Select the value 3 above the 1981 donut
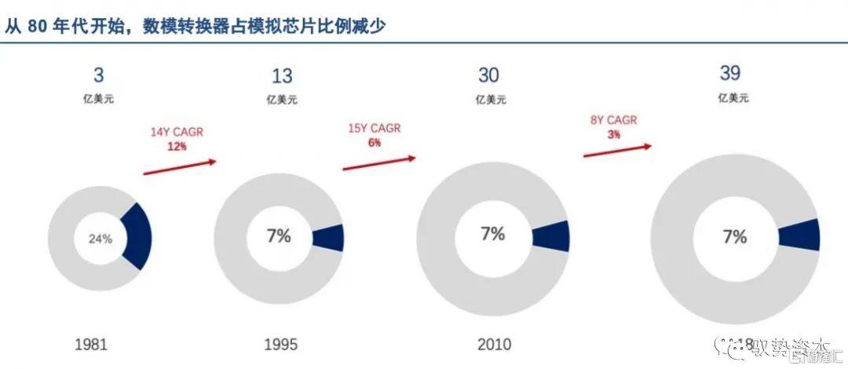98,76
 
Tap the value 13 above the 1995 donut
282,76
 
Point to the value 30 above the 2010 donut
489,75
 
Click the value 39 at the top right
731,74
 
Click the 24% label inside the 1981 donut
100,239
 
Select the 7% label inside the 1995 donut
278,236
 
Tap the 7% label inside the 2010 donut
492,234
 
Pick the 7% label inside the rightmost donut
735,236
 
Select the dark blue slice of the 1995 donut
329,238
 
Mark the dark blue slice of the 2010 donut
551,236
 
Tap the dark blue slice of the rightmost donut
800,236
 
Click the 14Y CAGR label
177,132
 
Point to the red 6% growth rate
375,143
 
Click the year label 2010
493,344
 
